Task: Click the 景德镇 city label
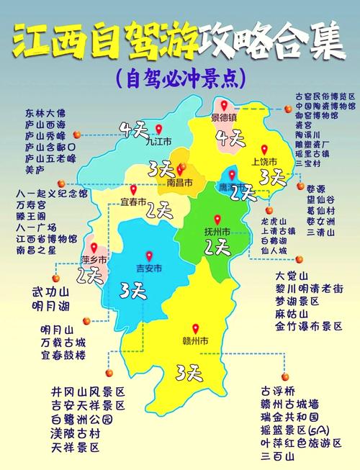coord(228,117)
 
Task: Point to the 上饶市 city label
coord(263,162)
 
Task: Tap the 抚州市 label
coord(216,232)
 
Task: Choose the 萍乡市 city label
coord(94,259)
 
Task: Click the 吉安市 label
coord(150,269)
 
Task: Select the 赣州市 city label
coord(194,340)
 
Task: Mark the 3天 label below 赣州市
coord(189,372)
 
